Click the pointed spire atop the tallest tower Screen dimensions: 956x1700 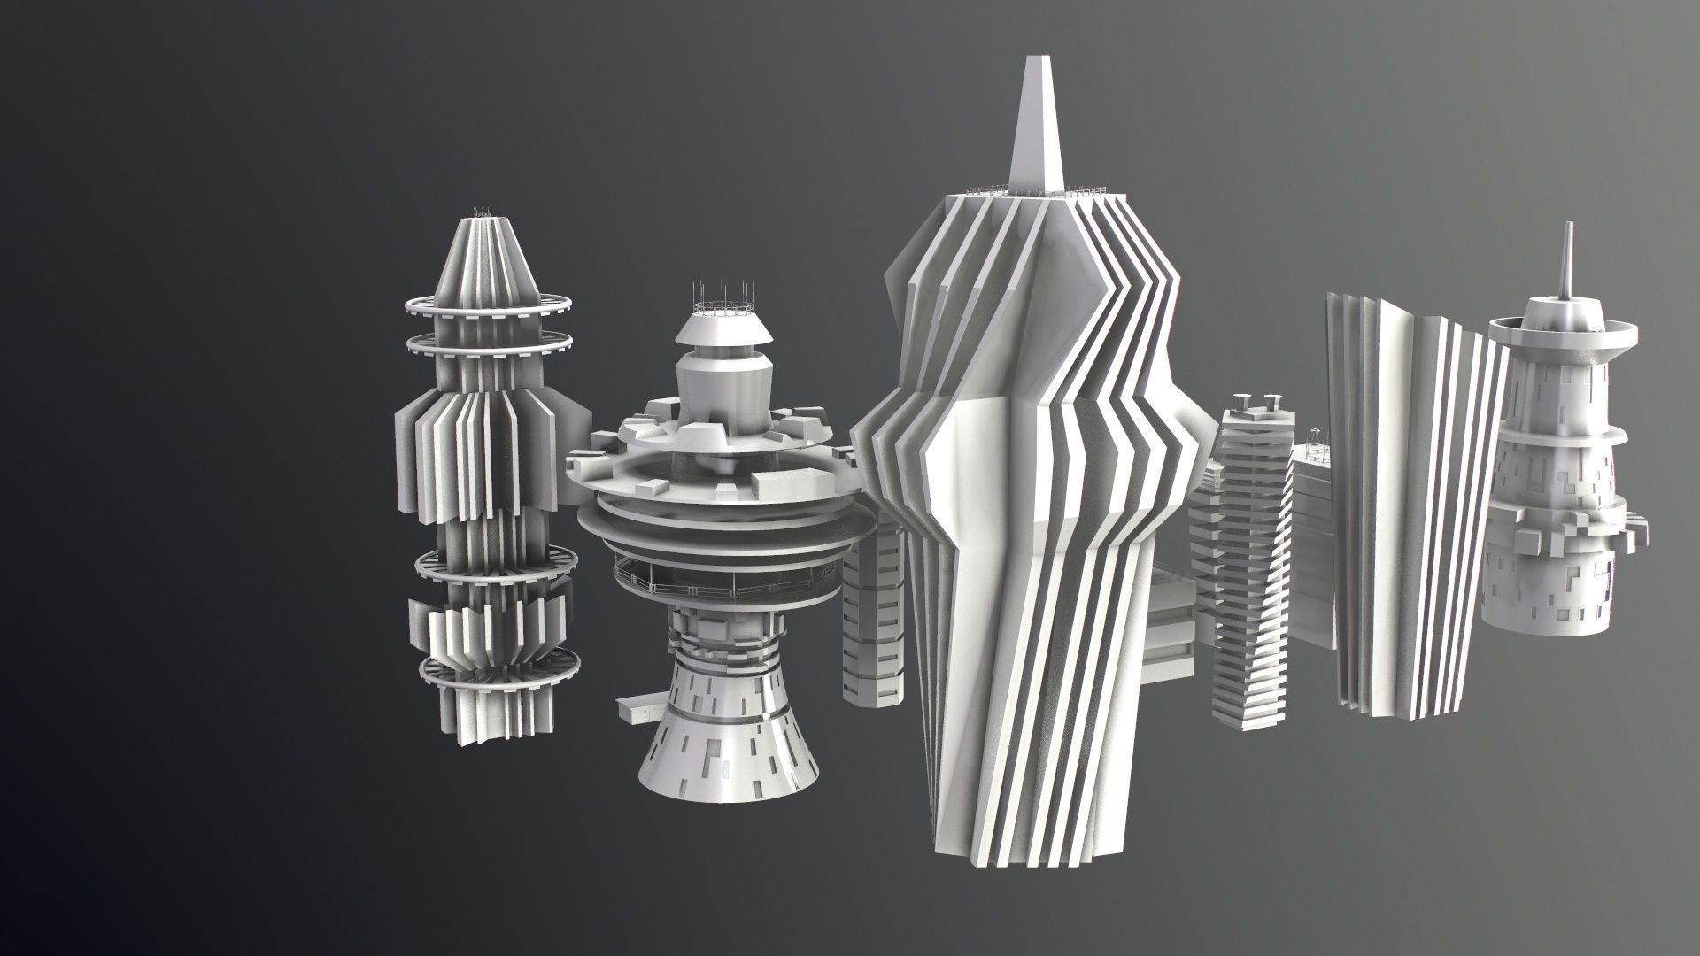[1032, 133]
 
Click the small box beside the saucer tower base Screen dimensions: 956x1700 [636, 709]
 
